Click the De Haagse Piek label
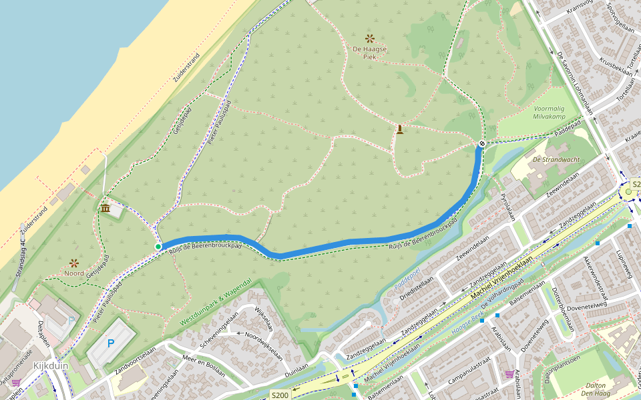coord(370,53)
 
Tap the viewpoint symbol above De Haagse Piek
coord(369,39)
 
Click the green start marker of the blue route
coord(158,247)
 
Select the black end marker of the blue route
coord(482,143)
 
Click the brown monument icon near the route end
coord(399,129)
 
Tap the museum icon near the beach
coord(105,209)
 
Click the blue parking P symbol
coord(111,343)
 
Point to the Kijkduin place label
coord(50,365)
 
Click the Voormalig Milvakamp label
coord(549,112)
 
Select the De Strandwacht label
coord(556,159)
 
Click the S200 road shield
coord(280,395)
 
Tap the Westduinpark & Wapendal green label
coord(216,303)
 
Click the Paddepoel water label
coord(407,278)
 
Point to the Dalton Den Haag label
coord(594,389)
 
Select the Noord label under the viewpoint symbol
coord(74,273)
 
